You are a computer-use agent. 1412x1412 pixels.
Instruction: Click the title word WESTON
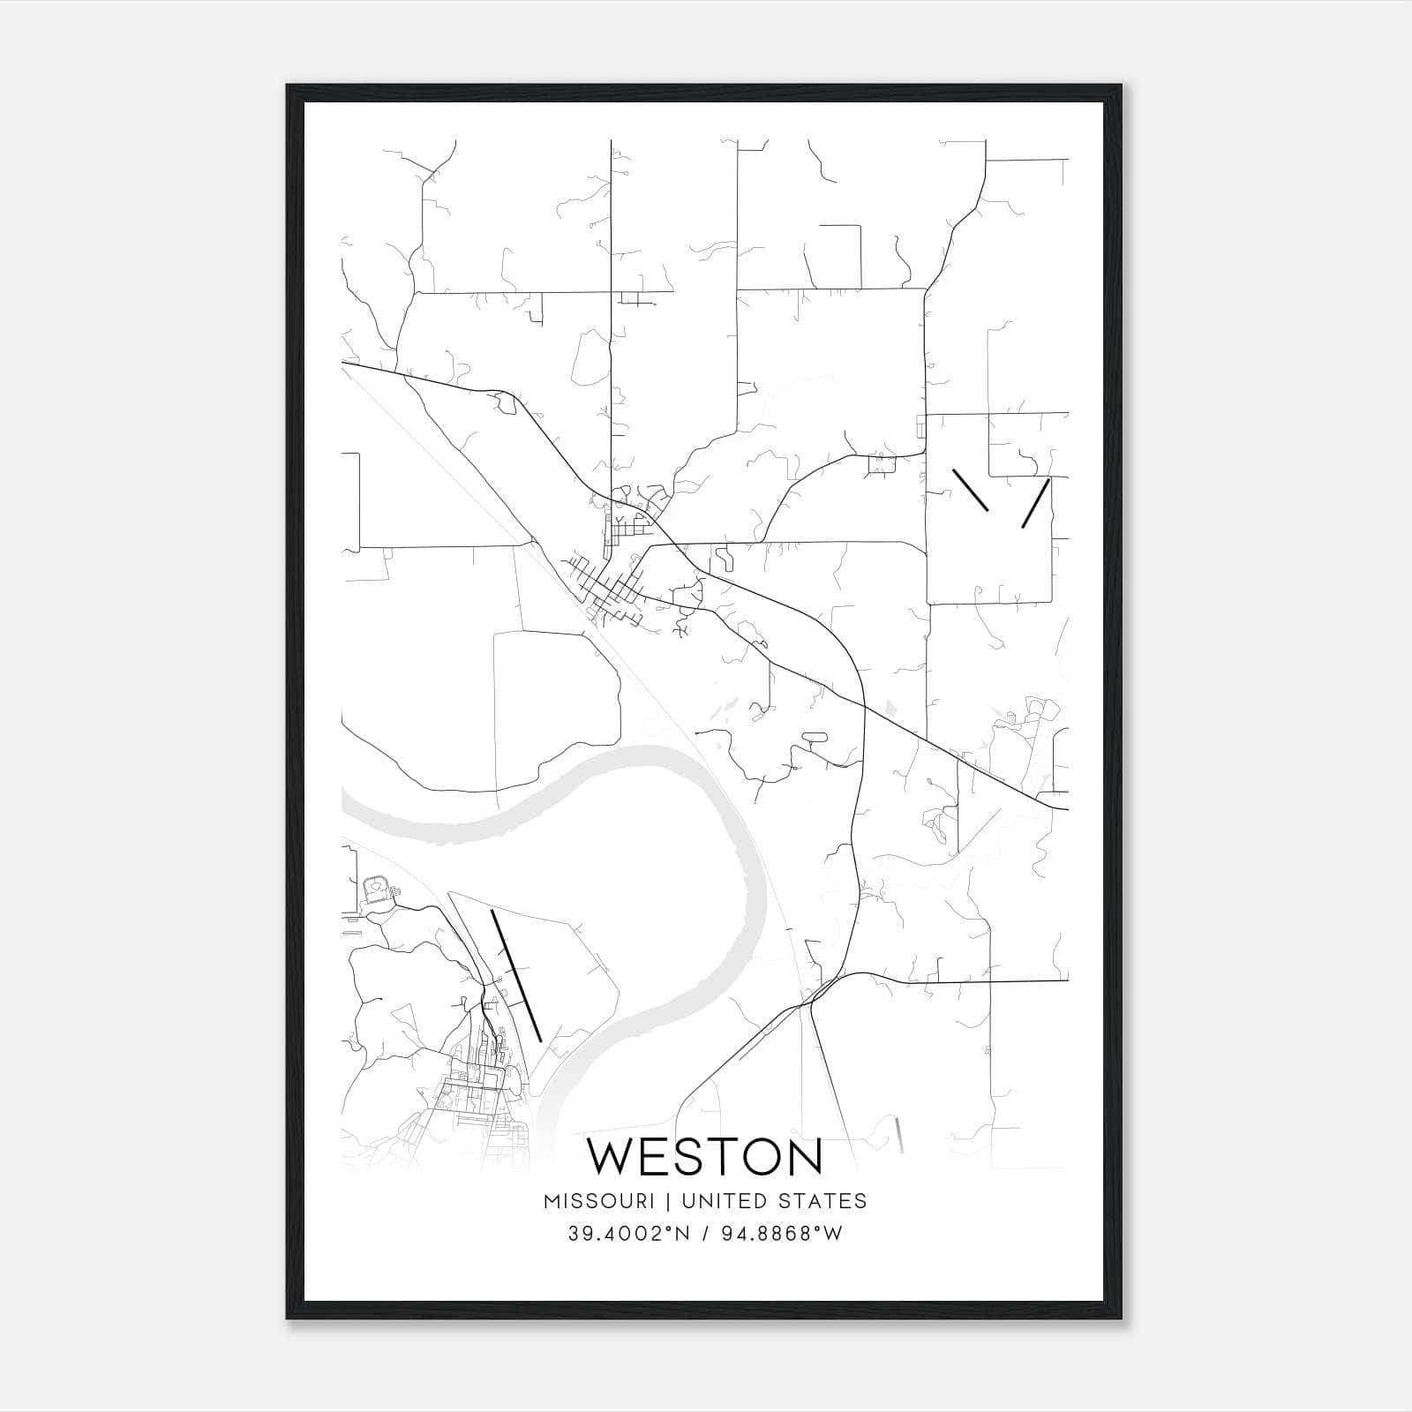[704, 1157]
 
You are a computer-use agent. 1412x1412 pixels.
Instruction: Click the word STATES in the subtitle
[822, 1201]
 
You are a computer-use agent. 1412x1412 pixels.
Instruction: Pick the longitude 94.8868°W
[782, 1234]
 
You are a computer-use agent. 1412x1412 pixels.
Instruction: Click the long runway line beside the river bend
[515, 975]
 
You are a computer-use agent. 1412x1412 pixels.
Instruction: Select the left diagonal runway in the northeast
[970, 490]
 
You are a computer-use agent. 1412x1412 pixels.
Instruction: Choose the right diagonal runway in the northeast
[1036, 503]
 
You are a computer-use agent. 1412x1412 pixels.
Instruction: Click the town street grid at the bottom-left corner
[477, 1094]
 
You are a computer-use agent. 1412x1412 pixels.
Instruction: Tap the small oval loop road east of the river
[814, 736]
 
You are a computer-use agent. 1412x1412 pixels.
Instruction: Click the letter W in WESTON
[612, 1157]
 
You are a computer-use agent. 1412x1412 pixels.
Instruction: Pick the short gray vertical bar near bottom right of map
[899, 1135]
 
